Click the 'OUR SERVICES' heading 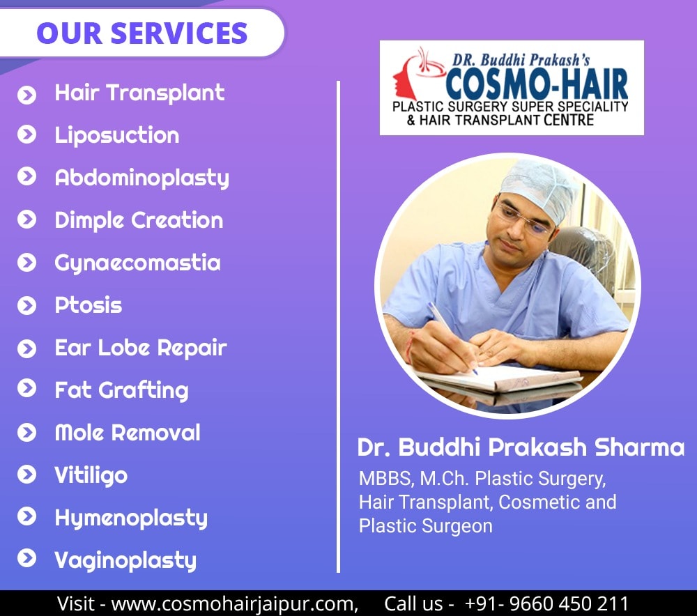click(141, 33)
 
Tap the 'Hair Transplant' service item click(139, 93)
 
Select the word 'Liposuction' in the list click(117, 136)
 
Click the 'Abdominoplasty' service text click(141, 178)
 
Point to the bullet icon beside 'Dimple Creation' click(26, 220)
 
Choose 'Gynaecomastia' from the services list click(137, 263)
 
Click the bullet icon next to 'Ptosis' click(26, 306)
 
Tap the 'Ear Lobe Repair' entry click(141, 348)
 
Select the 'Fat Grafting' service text click(121, 391)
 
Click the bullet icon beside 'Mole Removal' click(26, 433)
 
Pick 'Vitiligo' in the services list click(91, 475)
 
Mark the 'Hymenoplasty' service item click(131, 518)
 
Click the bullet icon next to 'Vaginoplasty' click(26, 559)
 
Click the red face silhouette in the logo click(404, 78)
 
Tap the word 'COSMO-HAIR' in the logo click(537, 84)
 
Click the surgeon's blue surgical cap click(539, 186)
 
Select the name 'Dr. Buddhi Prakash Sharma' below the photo click(521, 447)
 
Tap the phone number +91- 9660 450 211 click(546, 603)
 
